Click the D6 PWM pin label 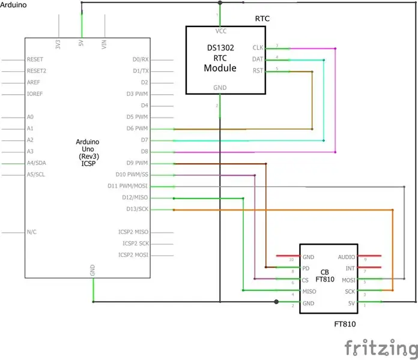[x=137, y=128]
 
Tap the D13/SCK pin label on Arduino [x=138, y=209]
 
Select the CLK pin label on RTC [x=258, y=47]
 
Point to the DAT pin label [x=258, y=59]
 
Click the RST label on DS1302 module [x=258, y=71]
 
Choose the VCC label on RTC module [x=221, y=31]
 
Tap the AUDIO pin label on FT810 [x=347, y=257]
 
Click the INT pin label [x=350, y=268]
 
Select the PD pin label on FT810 [x=306, y=268]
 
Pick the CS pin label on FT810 [x=305, y=280]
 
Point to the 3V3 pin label [x=58, y=44]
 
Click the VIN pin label [x=104, y=44]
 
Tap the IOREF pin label [x=35, y=94]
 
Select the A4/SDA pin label [x=36, y=163]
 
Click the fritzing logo [x=381, y=347]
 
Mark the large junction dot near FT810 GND [x=276, y=302]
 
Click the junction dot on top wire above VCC [x=220, y=2]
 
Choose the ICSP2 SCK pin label [x=136, y=244]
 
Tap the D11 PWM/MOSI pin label [x=127, y=186]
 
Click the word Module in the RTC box [x=220, y=68]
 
